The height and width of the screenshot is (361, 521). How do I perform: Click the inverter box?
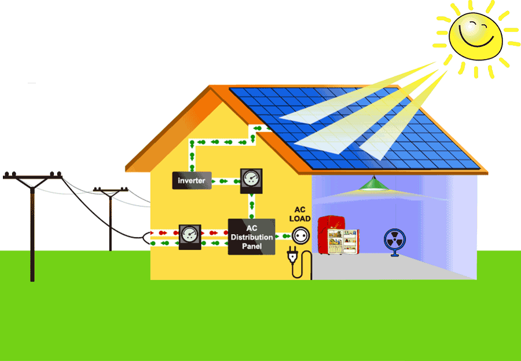coord(192,181)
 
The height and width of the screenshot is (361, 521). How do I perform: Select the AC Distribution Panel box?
coord(251,237)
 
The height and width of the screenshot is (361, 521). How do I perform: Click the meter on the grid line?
coord(189,236)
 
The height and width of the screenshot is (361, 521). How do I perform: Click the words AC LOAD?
coord(300,214)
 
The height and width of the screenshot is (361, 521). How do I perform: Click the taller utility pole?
coord(32,232)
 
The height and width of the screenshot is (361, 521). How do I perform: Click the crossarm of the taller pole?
coord(32,176)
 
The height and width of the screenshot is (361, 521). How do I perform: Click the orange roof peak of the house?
coord(212,90)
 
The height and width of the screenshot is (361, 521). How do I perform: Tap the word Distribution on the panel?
coord(251,238)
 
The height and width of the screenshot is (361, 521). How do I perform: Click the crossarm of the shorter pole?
coord(111,190)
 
